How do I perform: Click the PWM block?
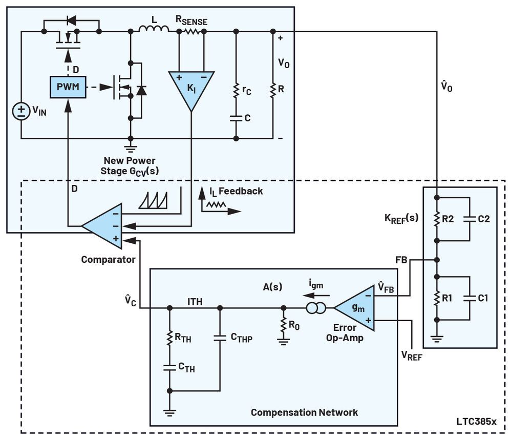[x=68, y=87]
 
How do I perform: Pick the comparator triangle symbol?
[x=102, y=225]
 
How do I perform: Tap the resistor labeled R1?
[x=436, y=297]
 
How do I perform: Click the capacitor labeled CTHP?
[x=220, y=338]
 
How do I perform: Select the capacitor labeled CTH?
[x=169, y=367]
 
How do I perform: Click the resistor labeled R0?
[x=282, y=325]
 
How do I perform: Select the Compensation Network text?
[x=304, y=412]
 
